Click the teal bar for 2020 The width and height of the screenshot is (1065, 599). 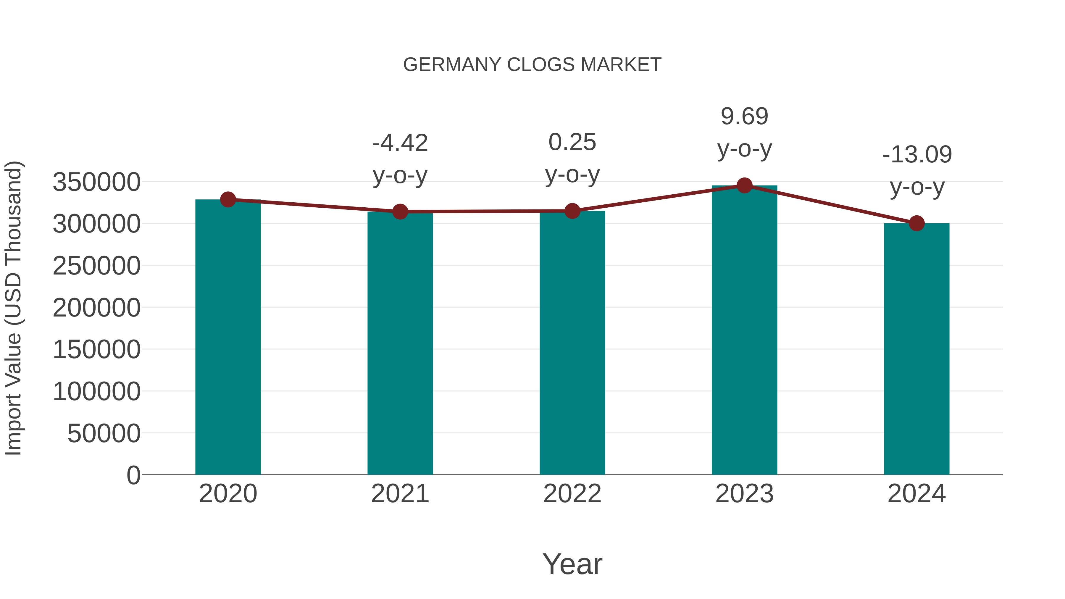[228, 337]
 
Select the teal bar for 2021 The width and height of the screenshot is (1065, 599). [400, 343]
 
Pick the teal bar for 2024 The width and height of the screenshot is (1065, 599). [916, 349]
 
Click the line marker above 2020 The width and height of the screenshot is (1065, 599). [228, 200]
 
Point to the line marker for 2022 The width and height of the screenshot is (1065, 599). [572, 211]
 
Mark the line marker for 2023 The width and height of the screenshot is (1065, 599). [744, 185]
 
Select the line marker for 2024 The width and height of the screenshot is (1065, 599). [916, 223]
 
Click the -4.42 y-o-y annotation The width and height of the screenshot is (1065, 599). [400, 159]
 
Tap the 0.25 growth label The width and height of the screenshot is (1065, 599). [572, 158]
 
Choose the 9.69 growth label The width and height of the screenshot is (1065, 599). [744, 132]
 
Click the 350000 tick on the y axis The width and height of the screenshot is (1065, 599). [96, 182]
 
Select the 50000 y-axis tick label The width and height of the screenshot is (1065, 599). [104, 433]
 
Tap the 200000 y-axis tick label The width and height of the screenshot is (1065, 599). [96, 308]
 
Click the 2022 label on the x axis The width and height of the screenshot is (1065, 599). [572, 494]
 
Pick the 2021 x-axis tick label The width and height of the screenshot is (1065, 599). [400, 494]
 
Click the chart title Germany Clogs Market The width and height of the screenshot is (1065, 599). [532, 65]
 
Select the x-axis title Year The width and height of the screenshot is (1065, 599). [572, 564]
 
